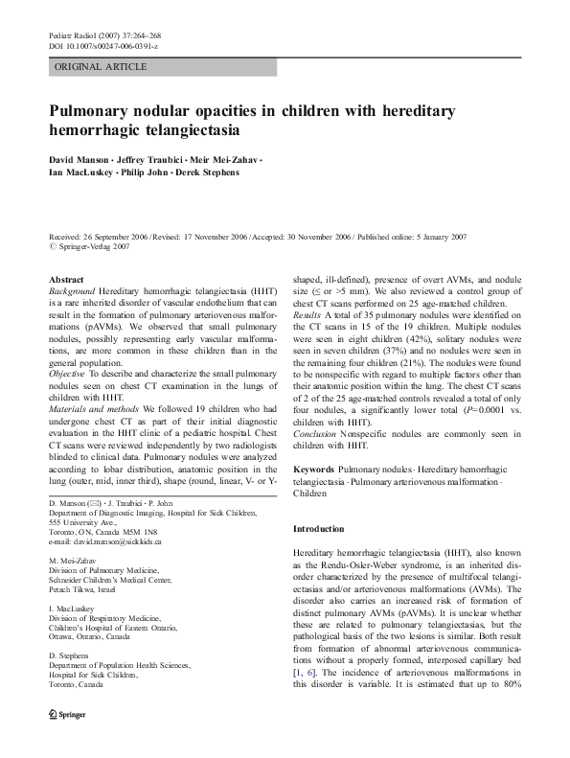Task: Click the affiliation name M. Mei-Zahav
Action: coord(73,561)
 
